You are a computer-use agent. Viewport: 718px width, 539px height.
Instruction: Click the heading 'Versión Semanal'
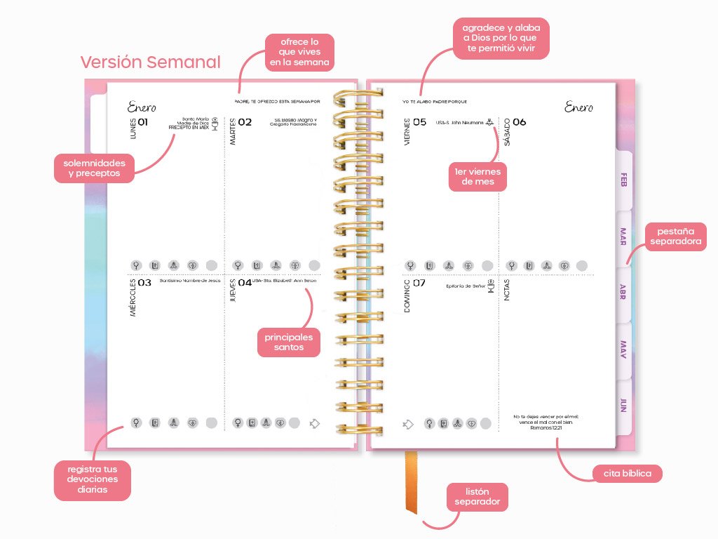150,62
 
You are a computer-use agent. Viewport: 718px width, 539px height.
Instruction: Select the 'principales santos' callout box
289,342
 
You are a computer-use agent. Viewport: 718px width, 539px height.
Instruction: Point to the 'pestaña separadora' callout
676,237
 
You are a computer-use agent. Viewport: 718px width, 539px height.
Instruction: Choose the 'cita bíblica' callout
627,474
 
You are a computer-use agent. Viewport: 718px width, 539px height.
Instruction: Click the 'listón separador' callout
477,497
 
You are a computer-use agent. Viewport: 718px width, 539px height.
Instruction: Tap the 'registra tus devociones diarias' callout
93,479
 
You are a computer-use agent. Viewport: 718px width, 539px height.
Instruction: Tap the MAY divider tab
623,349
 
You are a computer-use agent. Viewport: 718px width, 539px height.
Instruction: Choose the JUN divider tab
623,405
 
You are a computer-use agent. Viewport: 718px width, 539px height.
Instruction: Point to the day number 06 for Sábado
519,122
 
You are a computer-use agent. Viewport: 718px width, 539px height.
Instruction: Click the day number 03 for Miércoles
144,283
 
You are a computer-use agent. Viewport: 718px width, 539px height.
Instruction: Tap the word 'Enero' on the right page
578,107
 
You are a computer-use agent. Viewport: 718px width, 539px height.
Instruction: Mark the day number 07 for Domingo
419,283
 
